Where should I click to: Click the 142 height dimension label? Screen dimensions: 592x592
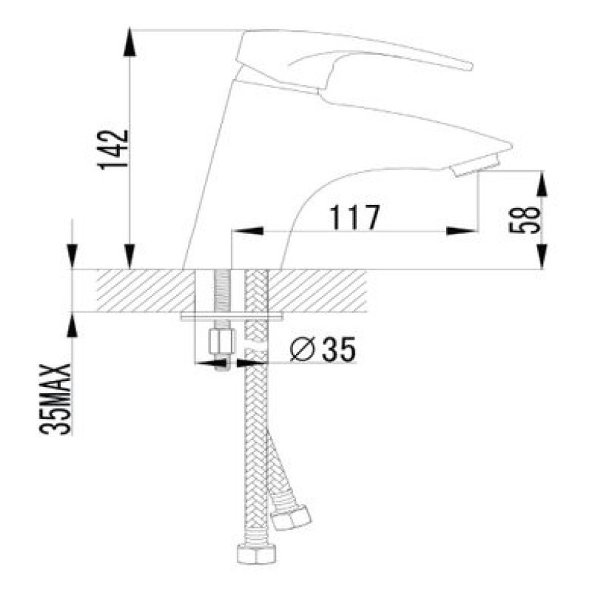tap(113, 150)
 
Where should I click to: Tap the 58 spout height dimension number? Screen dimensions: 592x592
tap(525, 221)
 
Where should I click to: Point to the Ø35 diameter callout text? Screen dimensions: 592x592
tap(323, 349)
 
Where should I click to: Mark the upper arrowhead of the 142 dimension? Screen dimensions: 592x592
tap(129, 42)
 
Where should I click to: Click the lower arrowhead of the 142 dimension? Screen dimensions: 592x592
tap(129, 256)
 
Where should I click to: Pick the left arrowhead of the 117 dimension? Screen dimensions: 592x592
tap(247, 230)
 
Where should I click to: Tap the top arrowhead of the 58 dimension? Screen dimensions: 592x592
tap(542, 184)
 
